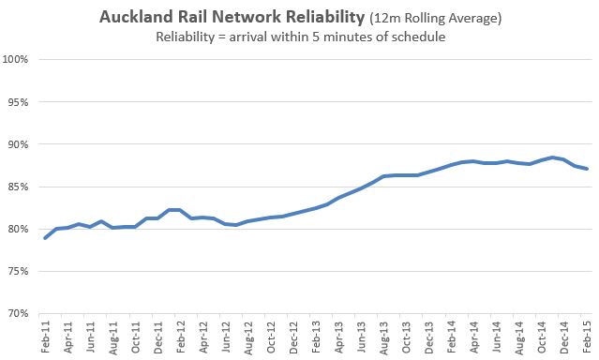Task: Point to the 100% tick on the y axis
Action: [20, 60]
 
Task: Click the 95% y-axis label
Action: [21, 102]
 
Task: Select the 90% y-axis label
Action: [21, 144]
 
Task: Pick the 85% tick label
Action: [21, 187]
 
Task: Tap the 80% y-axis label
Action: [21, 229]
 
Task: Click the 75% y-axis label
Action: [21, 271]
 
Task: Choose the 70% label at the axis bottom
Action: [21, 313]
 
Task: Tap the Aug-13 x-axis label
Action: [383, 337]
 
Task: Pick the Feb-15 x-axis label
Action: [587, 337]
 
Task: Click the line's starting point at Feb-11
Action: [45, 238]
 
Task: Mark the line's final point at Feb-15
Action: [588, 169]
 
